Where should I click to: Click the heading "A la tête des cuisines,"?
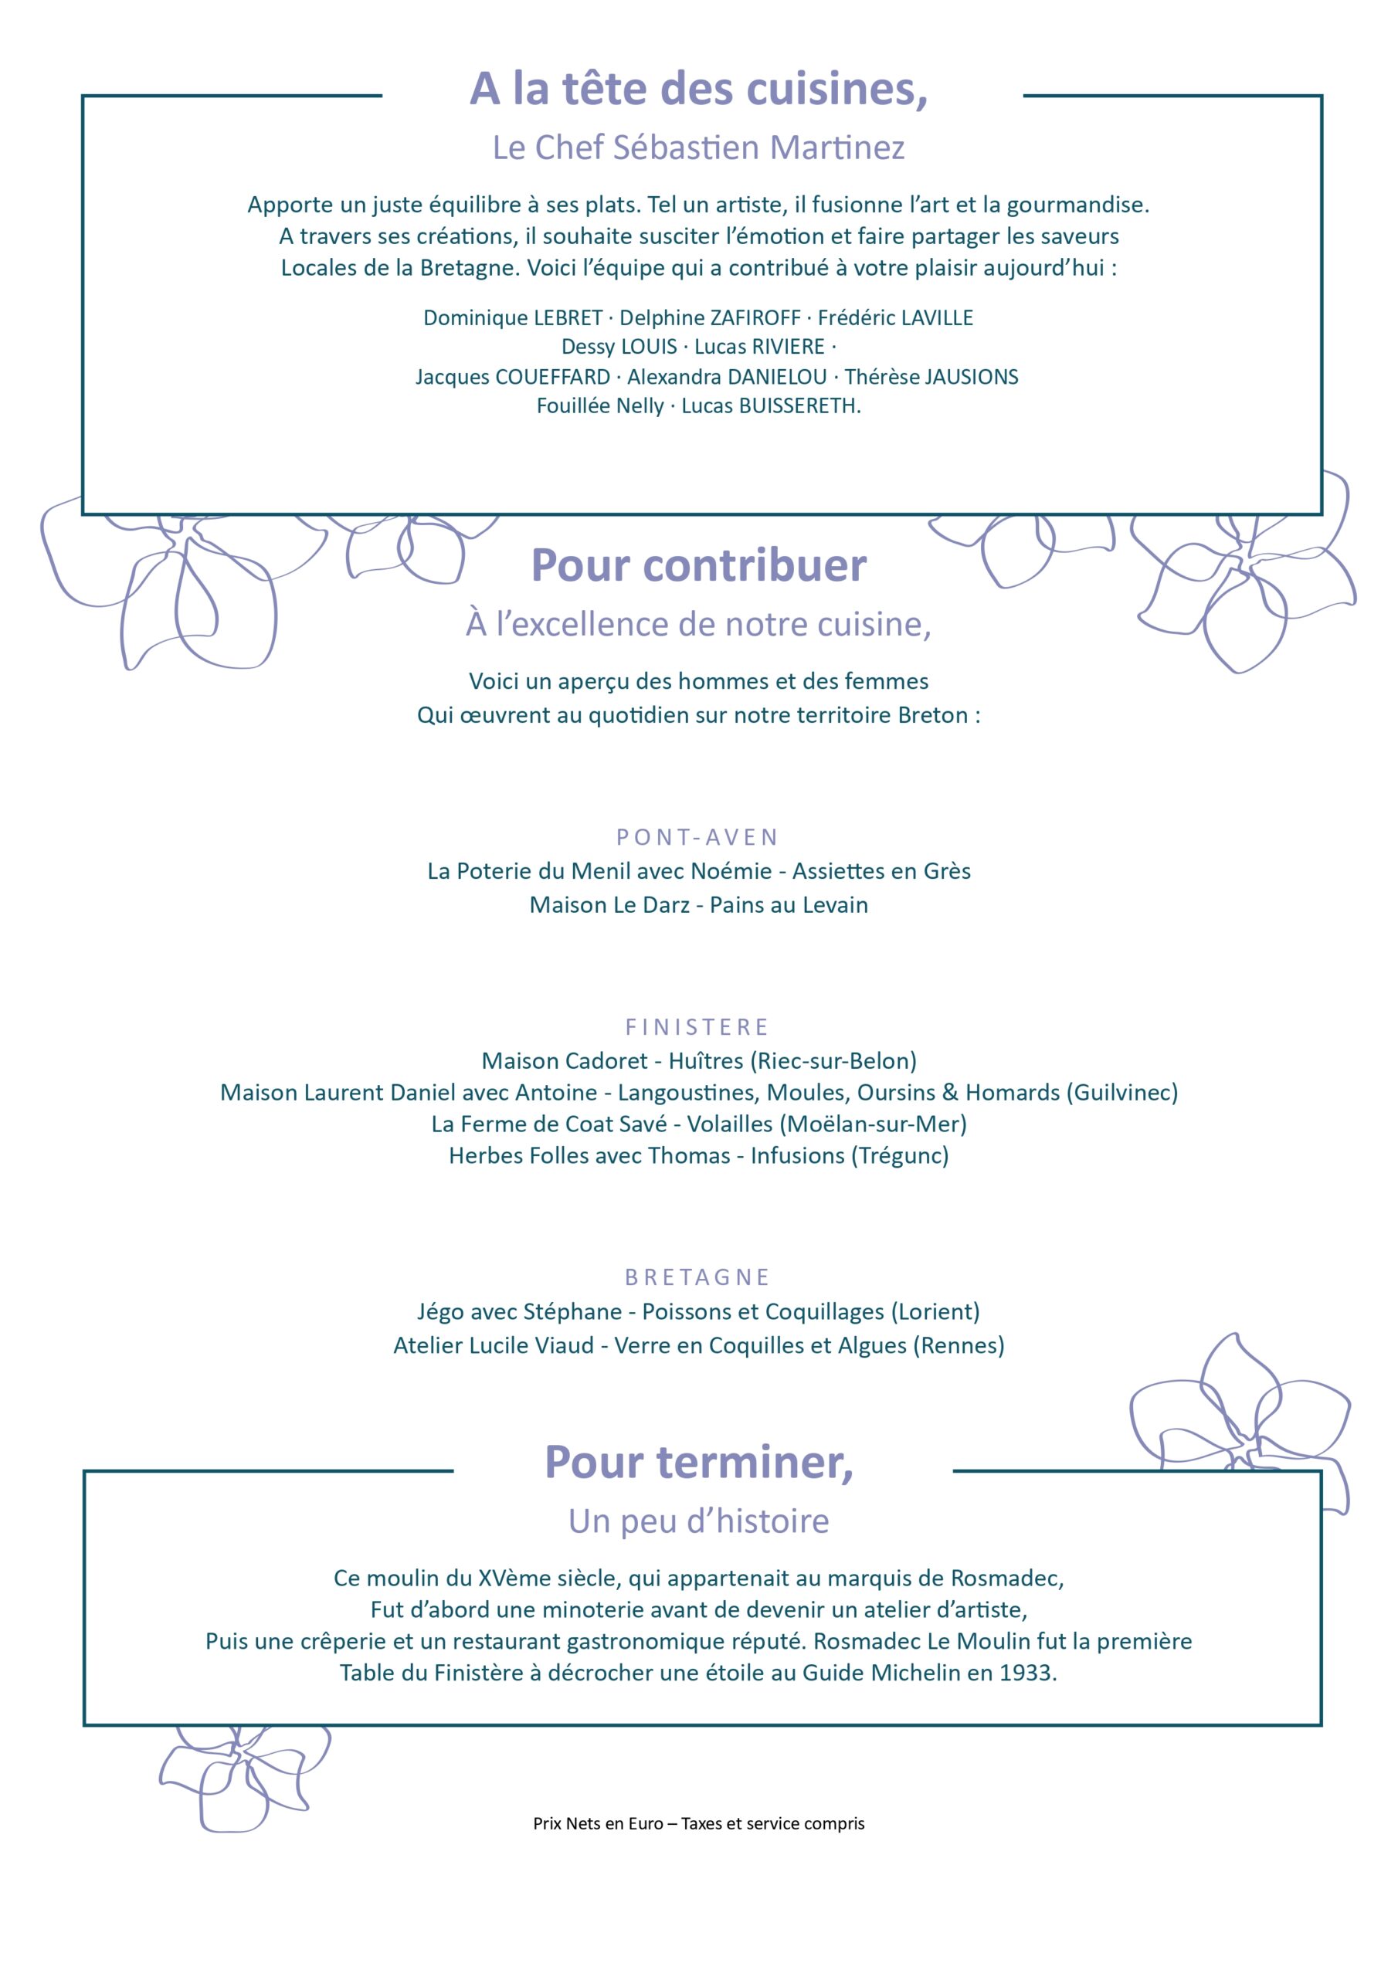click(698, 89)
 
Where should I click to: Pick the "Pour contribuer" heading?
click(698, 566)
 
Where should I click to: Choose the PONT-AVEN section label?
click(697, 837)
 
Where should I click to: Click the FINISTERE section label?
click(697, 1027)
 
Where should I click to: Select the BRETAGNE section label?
click(697, 1277)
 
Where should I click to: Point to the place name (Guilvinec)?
click(1121, 1093)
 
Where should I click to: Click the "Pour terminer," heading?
click(698, 1462)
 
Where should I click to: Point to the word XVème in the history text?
click(510, 1579)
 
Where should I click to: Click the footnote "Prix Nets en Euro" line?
click(698, 1824)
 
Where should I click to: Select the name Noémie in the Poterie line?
click(731, 871)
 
